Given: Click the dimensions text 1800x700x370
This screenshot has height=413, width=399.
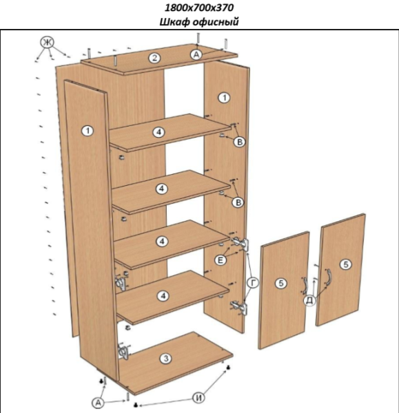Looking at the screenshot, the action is [199, 8].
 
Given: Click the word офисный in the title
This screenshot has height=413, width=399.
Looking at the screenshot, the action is [216, 21].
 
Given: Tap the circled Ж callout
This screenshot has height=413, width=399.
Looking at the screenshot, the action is [47, 42].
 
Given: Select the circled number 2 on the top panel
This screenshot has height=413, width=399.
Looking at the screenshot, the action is [154, 58].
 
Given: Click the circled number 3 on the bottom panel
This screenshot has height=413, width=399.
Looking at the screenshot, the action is [166, 359].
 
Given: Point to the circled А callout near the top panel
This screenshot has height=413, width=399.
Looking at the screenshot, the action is [196, 54].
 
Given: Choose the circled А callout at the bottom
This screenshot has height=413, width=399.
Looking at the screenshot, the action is [98, 403].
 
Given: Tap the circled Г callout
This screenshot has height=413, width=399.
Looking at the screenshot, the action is [253, 283].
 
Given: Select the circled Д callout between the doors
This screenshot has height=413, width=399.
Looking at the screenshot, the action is [310, 300].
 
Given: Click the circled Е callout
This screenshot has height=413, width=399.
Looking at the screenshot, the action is [221, 260].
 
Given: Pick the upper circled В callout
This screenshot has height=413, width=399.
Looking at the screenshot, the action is [240, 142].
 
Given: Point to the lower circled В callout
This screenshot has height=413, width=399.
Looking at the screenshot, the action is [238, 202].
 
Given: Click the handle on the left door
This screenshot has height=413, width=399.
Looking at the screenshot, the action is [305, 286].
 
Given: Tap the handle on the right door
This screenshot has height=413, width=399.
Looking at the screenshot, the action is [327, 277].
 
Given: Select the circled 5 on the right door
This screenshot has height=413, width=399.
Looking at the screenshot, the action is [346, 264].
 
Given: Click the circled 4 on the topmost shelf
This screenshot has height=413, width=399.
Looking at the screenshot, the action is [159, 132].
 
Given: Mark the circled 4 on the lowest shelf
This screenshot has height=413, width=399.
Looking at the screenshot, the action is [163, 296].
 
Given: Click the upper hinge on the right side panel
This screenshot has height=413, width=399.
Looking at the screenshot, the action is [241, 244].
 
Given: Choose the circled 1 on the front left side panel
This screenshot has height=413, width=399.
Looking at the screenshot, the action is [88, 131].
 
